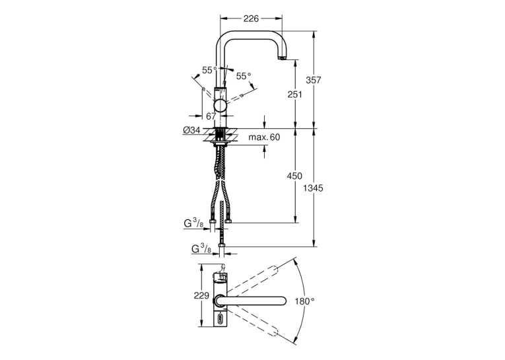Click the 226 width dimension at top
click(251, 18)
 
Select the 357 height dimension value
click(314, 80)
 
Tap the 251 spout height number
click(295, 94)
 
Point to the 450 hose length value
click(295, 176)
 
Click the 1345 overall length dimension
click(313, 188)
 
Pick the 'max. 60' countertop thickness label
click(264, 137)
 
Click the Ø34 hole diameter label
click(191, 130)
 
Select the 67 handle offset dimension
click(211, 116)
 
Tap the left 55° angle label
click(210, 70)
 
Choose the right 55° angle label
click(244, 77)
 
